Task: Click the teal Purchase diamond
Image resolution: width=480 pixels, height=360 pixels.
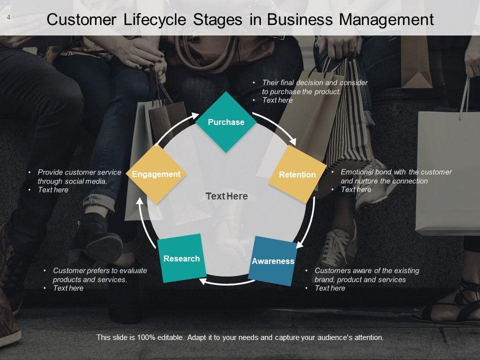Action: (226, 122)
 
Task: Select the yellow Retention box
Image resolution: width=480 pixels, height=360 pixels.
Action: (297, 174)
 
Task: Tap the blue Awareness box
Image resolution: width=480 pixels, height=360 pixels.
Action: (272, 260)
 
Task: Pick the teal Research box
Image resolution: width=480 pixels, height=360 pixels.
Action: (181, 258)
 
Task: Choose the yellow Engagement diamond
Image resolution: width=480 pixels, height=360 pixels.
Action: (156, 174)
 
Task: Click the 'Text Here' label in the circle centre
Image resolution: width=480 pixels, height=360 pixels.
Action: (226, 196)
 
